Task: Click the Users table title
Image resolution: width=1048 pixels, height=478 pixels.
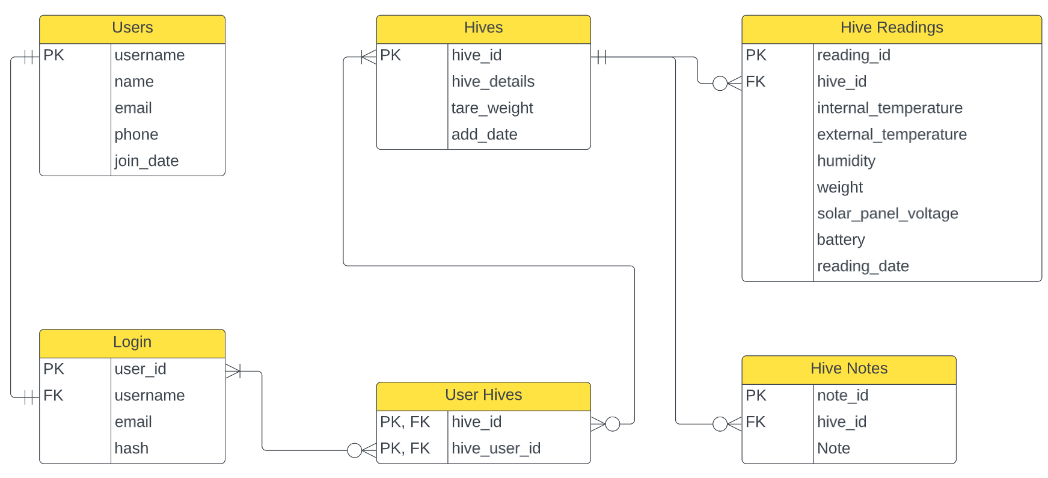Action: (132, 28)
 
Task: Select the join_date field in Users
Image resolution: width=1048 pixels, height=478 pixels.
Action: (147, 161)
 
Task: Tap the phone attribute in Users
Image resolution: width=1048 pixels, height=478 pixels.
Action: (136, 135)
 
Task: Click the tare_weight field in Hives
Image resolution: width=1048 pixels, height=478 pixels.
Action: (492, 108)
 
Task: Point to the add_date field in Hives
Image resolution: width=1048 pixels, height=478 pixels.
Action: (485, 135)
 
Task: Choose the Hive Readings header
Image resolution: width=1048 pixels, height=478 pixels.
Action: (891, 28)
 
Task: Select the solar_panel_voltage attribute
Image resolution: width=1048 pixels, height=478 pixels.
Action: (887, 213)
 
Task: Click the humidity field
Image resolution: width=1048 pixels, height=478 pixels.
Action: (846, 161)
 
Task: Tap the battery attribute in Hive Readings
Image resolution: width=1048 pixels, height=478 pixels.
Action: (841, 240)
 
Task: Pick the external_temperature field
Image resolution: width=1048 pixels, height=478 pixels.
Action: (892, 135)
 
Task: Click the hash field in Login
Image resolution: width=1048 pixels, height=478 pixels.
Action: (132, 449)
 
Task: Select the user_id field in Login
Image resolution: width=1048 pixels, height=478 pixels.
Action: (141, 369)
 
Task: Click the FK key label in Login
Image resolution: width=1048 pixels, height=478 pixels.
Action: (54, 396)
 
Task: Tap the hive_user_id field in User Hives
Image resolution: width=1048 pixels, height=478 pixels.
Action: (496, 449)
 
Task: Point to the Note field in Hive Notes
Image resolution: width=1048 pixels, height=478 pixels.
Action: (833, 449)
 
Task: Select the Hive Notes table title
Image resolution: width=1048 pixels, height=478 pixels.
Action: (848, 369)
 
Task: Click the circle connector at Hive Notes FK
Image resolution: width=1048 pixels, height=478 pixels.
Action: (720, 424)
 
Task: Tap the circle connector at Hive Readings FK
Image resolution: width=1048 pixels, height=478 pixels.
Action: (720, 84)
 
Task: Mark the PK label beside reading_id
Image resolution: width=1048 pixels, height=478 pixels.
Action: (756, 55)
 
